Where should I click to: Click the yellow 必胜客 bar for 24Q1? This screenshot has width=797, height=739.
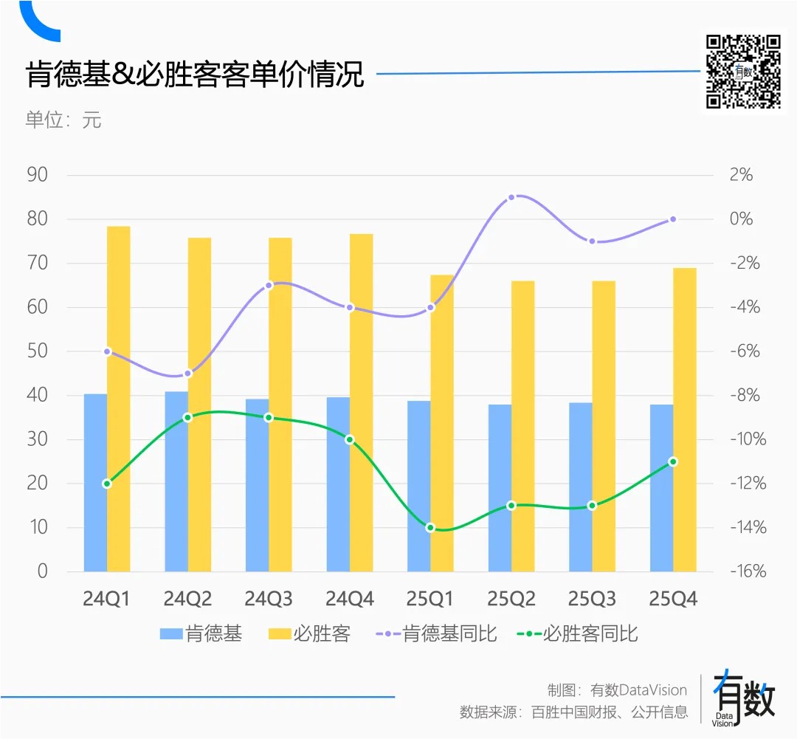(118, 399)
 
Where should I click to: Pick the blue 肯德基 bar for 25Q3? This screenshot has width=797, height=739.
(581, 487)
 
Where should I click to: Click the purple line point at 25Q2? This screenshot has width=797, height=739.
(511, 197)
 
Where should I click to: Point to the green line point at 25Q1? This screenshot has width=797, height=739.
(430, 527)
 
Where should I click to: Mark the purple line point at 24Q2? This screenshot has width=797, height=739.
(187, 374)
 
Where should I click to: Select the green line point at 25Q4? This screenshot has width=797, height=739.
(673, 461)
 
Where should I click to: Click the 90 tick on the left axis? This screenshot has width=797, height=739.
(37, 175)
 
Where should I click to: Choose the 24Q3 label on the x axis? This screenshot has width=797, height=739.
(269, 599)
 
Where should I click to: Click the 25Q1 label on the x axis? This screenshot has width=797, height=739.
(431, 599)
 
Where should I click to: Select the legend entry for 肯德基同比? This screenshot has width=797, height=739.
(437, 633)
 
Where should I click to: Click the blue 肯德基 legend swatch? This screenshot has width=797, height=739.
(170, 633)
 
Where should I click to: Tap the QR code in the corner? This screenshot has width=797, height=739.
(742, 72)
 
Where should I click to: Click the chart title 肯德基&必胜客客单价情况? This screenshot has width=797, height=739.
(195, 75)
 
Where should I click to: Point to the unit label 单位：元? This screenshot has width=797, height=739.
(63, 120)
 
